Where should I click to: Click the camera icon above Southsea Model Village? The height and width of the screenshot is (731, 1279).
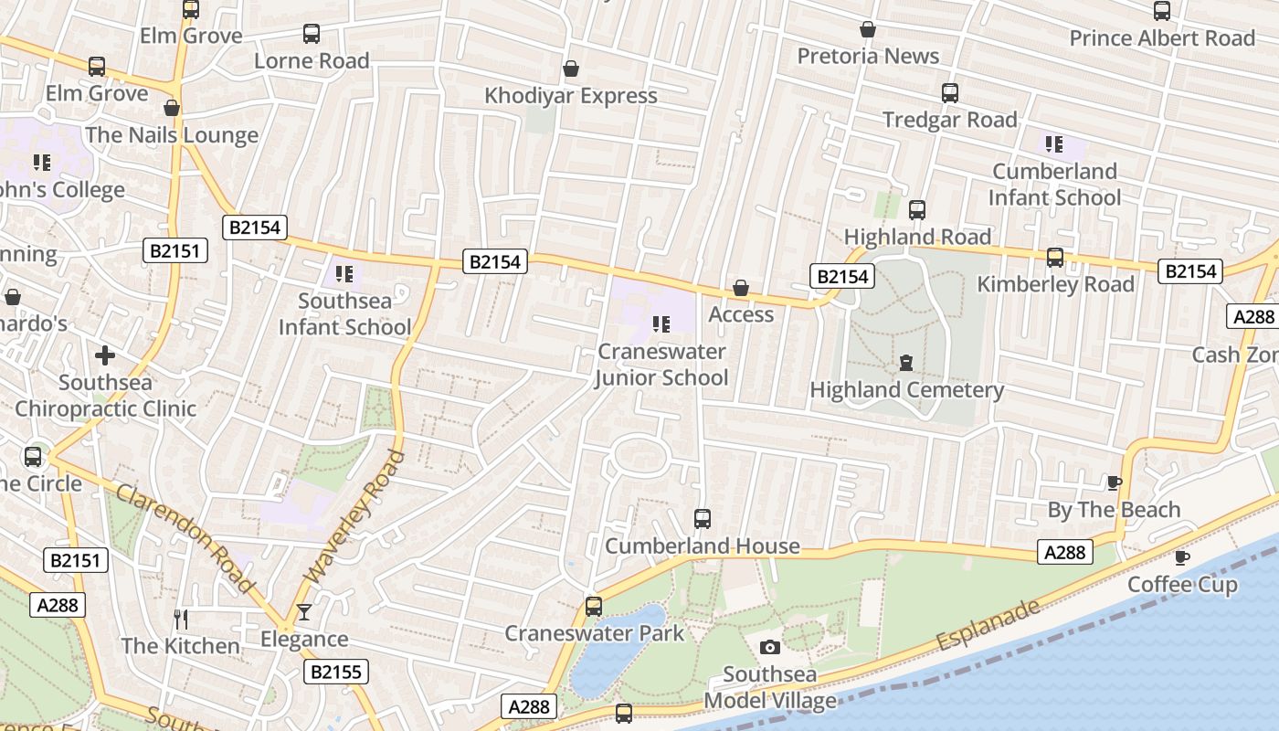(770, 647)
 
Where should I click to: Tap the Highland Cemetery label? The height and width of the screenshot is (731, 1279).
(906, 390)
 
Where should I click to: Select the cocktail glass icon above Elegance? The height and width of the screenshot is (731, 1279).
(303, 612)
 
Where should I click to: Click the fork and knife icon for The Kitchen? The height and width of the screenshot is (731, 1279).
(181, 620)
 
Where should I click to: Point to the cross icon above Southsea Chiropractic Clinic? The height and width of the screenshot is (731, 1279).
(105, 355)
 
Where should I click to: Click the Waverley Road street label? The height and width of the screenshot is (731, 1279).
(354, 517)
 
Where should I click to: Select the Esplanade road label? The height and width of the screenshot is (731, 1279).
(988, 625)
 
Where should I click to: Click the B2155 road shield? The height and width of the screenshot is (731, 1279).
(335, 673)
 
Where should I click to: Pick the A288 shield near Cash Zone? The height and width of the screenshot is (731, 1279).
(1253, 316)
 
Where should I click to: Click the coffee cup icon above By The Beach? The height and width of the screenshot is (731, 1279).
(1114, 482)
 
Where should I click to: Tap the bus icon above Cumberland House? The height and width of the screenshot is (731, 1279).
(702, 519)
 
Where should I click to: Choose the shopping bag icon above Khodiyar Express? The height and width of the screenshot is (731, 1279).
(571, 69)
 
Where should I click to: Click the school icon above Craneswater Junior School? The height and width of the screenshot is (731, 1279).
(661, 323)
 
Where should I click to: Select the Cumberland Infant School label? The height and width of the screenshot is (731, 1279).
(1054, 185)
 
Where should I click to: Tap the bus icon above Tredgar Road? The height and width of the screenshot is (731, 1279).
(950, 93)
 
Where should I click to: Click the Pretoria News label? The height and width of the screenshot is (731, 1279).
(868, 57)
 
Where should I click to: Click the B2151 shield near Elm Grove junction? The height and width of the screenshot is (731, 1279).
(175, 250)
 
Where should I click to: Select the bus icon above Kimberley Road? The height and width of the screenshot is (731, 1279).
(1055, 258)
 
